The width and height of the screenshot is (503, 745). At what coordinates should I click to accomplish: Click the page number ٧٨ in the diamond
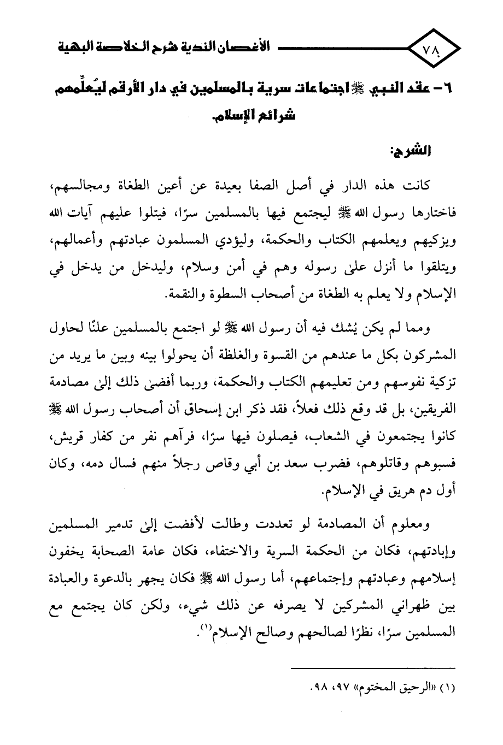point(434,50)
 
